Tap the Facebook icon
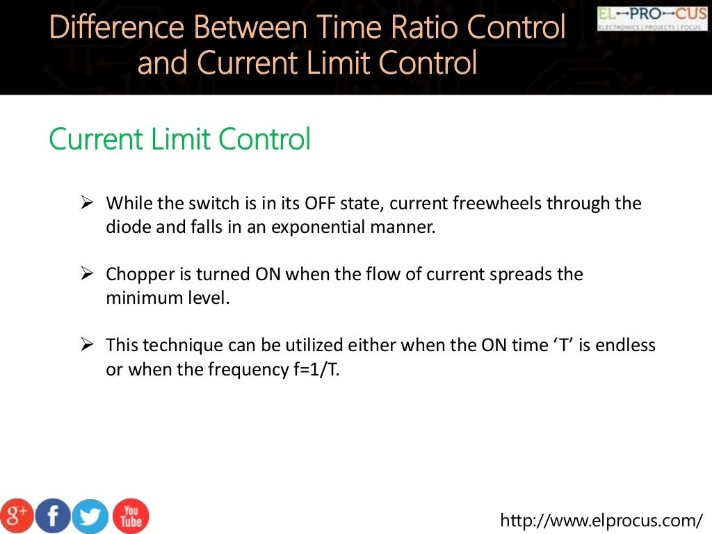[54, 515]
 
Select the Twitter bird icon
[91, 516]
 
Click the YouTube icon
[131, 515]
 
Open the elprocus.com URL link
[602, 520]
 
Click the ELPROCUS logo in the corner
[652, 18]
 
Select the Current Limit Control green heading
[179, 139]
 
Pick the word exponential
[320, 227]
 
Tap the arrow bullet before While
[87, 203]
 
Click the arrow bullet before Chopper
[87, 273]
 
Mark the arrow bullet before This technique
[87, 344]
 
